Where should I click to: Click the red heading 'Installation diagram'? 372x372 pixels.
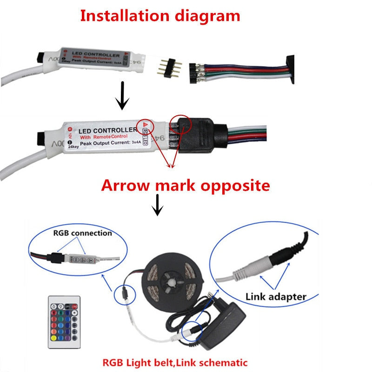click(160, 16)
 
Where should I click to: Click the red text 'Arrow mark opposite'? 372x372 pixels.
click(186, 186)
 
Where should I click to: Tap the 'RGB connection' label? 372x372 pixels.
click(82, 232)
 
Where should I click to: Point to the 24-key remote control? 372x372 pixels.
click(64, 322)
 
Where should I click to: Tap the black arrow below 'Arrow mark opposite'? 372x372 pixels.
click(158, 205)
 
